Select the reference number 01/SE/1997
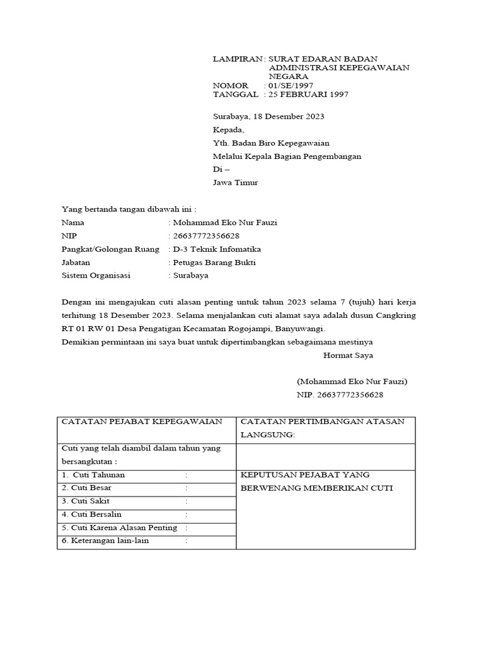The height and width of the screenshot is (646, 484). click(291, 85)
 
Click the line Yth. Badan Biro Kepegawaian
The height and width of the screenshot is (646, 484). click(271, 143)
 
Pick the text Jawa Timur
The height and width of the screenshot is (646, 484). click(236, 183)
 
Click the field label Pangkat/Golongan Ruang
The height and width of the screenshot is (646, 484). click(110, 249)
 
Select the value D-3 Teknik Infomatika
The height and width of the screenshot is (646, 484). click(215, 249)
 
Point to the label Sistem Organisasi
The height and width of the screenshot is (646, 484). click(96, 276)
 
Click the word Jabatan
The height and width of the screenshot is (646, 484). click(76, 262)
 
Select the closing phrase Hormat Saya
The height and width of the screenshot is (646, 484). click(348, 355)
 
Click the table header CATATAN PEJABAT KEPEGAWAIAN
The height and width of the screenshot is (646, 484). click(141, 421)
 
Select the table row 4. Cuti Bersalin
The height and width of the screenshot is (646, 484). click(92, 514)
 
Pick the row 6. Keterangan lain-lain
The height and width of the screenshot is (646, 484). click(105, 541)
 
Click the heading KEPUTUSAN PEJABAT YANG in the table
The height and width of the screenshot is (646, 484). click(306, 475)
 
